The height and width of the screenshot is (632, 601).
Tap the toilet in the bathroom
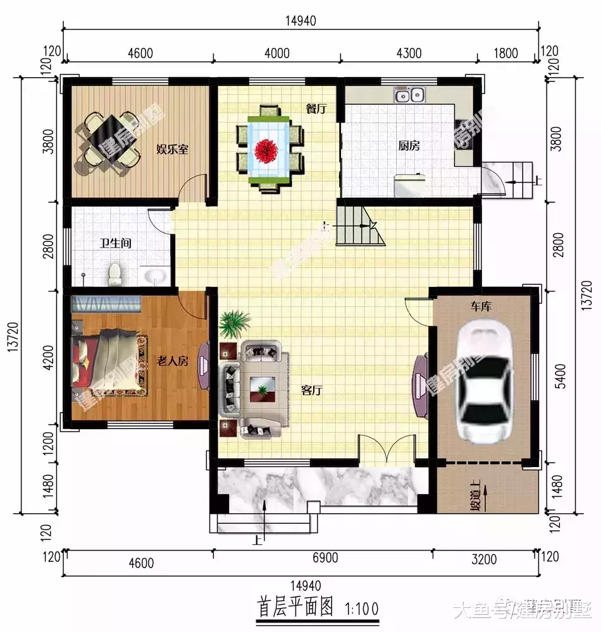click(115, 274)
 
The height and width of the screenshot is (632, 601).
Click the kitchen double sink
click(409, 96)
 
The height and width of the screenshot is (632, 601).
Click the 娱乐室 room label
click(173, 150)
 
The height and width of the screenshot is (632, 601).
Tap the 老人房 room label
click(173, 361)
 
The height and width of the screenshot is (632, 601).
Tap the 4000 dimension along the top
click(276, 53)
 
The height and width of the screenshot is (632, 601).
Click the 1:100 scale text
click(362, 609)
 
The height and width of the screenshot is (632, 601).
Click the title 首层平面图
click(295, 608)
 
